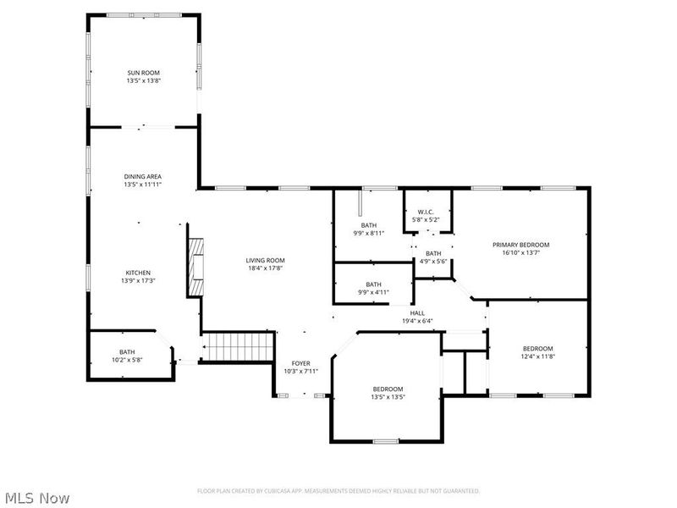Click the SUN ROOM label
tap(143, 74)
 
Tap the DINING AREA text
tap(143, 176)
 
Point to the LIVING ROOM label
tap(266, 260)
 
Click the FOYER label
tap(300, 363)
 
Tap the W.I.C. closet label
tap(427, 213)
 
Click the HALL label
tap(417, 313)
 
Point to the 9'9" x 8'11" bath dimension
tap(369, 233)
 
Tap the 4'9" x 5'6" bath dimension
tap(433, 261)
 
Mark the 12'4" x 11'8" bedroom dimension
tap(537, 356)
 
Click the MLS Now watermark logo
tap(36, 498)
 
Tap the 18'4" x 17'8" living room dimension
tap(266, 268)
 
